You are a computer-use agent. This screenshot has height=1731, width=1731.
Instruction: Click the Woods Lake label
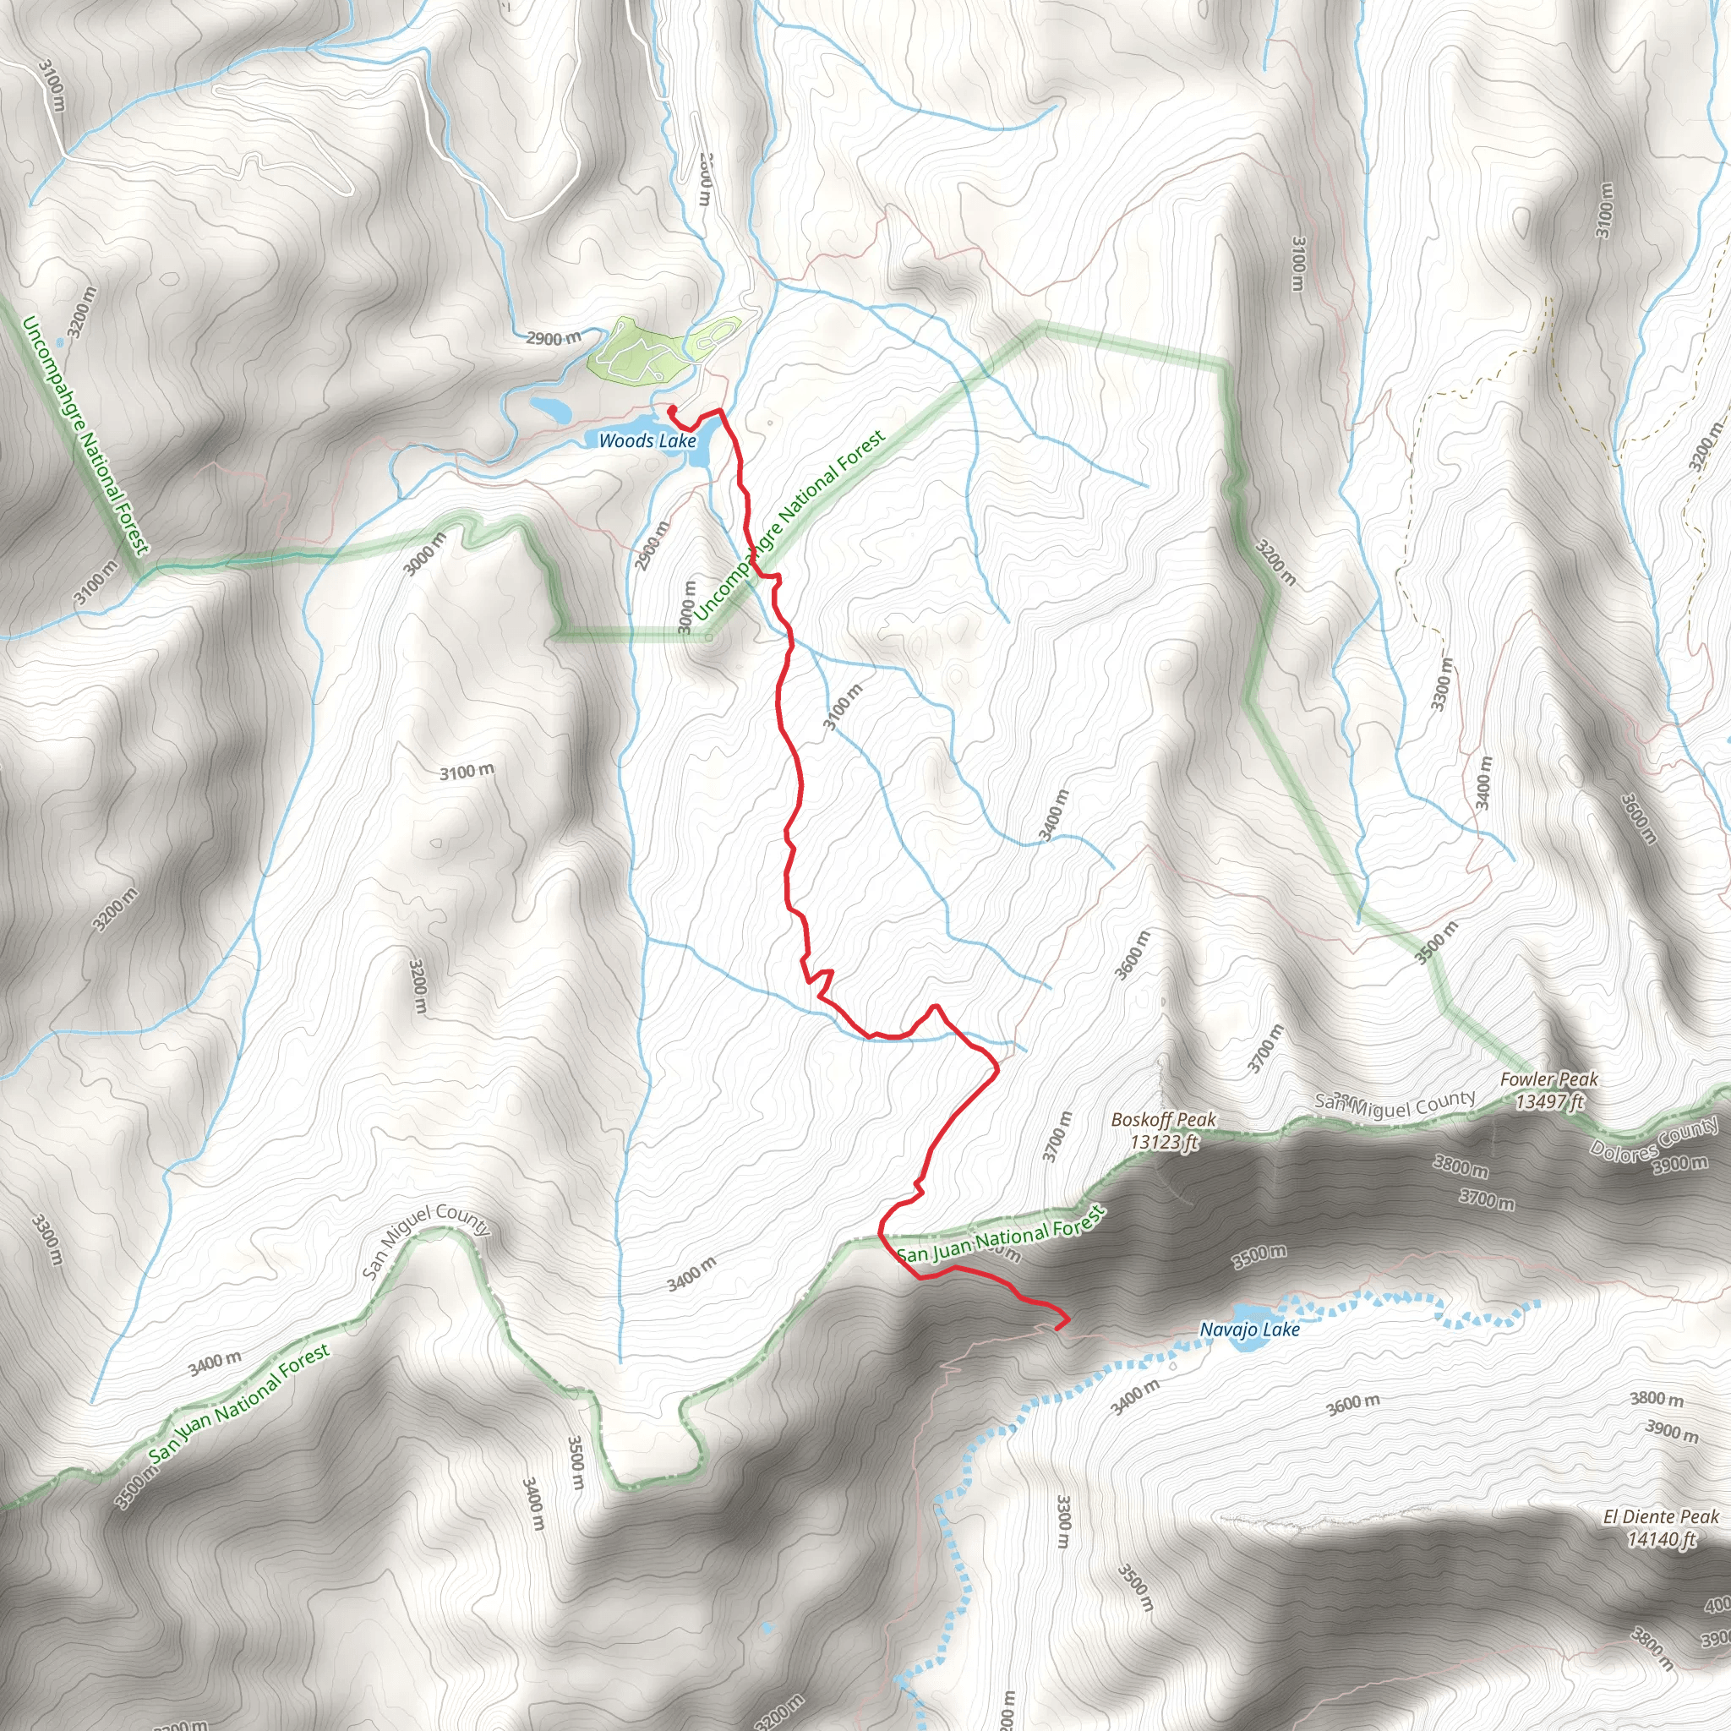[x=647, y=441]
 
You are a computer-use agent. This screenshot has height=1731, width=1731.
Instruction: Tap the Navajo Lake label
[x=1250, y=1330]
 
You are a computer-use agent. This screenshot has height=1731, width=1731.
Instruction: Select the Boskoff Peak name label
[x=1164, y=1119]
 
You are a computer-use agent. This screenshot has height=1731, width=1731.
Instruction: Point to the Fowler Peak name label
[x=1549, y=1079]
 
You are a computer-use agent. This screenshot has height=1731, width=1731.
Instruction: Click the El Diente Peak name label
[x=1661, y=1517]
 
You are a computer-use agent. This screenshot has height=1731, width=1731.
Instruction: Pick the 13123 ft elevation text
[x=1164, y=1143]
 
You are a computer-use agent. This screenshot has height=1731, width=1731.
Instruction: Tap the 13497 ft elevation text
[x=1550, y=1102]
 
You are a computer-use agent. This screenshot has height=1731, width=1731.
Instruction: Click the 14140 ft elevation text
[x=1662, y=1539]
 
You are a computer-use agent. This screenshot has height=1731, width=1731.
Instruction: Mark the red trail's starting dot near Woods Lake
[x=671, y=410]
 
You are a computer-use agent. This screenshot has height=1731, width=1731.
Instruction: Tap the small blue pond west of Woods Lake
[x=550, y=410]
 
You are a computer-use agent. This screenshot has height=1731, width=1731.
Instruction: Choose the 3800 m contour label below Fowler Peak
[x=1461, y=1166]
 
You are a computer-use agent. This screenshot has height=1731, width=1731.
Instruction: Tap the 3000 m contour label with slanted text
[x=424, y=554]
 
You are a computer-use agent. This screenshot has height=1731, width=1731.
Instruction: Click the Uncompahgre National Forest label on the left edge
[x=84, y=435]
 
